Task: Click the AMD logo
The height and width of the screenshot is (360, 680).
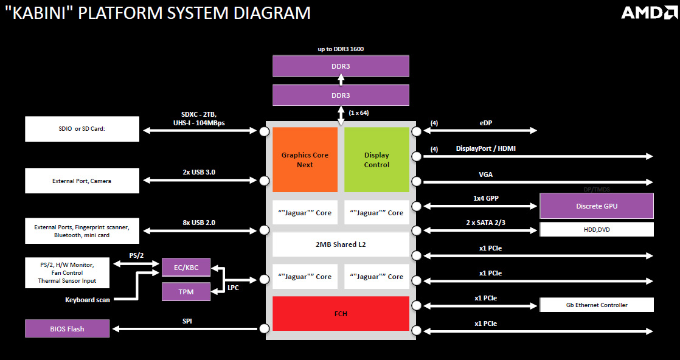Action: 646,13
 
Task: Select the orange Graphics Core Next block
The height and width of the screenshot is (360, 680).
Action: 305,159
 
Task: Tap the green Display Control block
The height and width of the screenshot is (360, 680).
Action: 376,159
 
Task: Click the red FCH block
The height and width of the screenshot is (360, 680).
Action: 341,314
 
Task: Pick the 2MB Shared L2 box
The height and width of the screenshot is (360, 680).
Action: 341,244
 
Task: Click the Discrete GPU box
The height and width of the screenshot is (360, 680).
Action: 596,206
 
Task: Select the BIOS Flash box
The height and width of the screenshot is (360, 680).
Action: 67,328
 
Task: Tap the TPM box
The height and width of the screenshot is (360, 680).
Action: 186,291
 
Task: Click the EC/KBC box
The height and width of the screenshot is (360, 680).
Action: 186,267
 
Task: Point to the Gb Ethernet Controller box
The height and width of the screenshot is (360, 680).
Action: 596,305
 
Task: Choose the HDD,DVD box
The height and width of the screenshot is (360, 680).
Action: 596,229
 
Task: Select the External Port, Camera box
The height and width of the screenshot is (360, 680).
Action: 82,181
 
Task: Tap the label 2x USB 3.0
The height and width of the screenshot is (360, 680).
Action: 199,172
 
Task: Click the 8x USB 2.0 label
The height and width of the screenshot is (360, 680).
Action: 199,222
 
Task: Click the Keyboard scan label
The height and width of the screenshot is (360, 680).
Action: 88,300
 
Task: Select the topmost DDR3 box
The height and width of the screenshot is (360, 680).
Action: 341,66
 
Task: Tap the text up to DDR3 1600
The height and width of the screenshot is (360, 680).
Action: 341,49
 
